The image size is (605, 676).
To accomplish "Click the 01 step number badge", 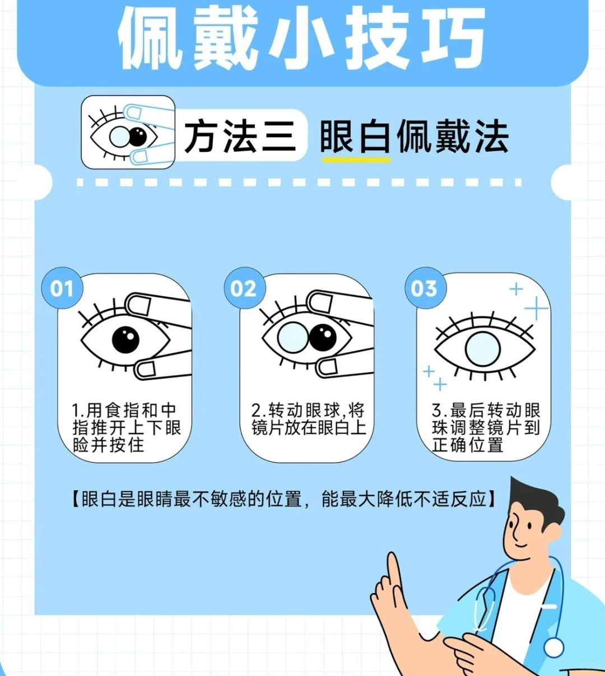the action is [62, 288].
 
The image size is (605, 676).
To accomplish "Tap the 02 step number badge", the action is [245, 288].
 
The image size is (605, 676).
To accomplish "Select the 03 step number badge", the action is [426, 288].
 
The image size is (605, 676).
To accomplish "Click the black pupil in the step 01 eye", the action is [125, 340].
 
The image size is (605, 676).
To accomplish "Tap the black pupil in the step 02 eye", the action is [323, 338].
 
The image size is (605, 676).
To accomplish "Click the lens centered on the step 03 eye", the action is [483, 349].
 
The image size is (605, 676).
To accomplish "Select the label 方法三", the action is [240, 137].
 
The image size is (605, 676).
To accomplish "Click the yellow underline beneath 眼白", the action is [356, 160].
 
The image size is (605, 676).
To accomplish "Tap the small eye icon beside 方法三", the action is [128, 132].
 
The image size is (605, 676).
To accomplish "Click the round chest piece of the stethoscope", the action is [554, 647].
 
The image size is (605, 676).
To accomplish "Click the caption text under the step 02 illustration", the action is [309, 419].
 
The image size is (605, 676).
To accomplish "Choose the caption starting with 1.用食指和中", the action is [127, 428].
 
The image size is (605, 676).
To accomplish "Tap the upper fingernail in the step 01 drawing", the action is [140, 306].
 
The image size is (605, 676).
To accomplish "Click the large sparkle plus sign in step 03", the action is [536, 308].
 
